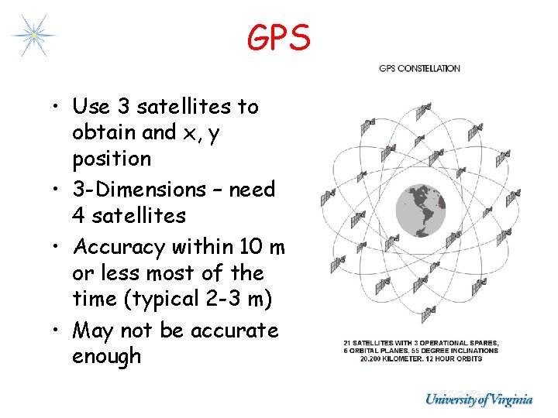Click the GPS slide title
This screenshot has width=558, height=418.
[x=279, y=37]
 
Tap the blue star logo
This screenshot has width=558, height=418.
[x=33, y=35]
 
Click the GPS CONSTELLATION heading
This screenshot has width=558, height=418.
[x=419, y=68]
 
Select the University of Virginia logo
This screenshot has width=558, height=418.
[x=479, y=399]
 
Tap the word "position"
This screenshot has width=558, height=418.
[x=112, y=159]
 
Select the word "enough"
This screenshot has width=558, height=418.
[x=107, y=357]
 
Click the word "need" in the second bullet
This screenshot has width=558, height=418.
[x=253, y=190]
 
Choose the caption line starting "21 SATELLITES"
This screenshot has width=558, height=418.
[x=422, y=342]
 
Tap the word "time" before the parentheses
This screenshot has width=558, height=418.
[x=94, y=299]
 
